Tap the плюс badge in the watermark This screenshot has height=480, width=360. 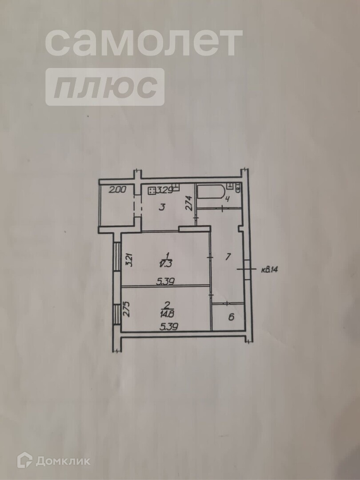click(x=105, y=87)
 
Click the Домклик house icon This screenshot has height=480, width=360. click(x=25, y=460)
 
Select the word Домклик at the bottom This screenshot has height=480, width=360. click(x=63, y=461)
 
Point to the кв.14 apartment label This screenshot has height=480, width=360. click(x=269, y=270)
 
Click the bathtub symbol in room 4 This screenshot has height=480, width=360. click(x=211, y=192)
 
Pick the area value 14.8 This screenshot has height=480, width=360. click(x=167, y=314)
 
